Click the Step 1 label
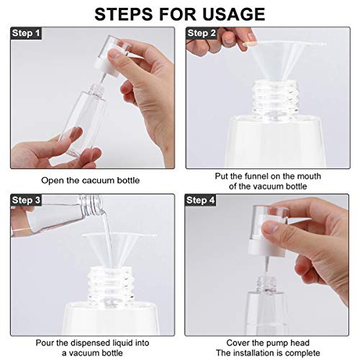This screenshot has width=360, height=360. pos(26,33)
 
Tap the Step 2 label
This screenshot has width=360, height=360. pos(202,33)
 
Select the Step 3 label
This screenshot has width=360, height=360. pos(26,200)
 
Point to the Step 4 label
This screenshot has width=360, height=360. pos(201,200)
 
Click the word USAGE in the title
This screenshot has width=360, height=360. pos(233,14)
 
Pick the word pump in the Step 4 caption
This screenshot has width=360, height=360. pos(270,343)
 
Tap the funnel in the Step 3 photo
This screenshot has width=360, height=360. pos(120,250)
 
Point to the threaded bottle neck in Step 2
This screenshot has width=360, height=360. pos(276,99)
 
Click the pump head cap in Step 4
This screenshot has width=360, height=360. pos(269,230)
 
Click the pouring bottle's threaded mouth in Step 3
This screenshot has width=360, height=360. pos(91,204)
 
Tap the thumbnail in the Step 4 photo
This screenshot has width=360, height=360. pos(271,227)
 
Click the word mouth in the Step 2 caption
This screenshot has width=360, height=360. pos(309,176)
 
